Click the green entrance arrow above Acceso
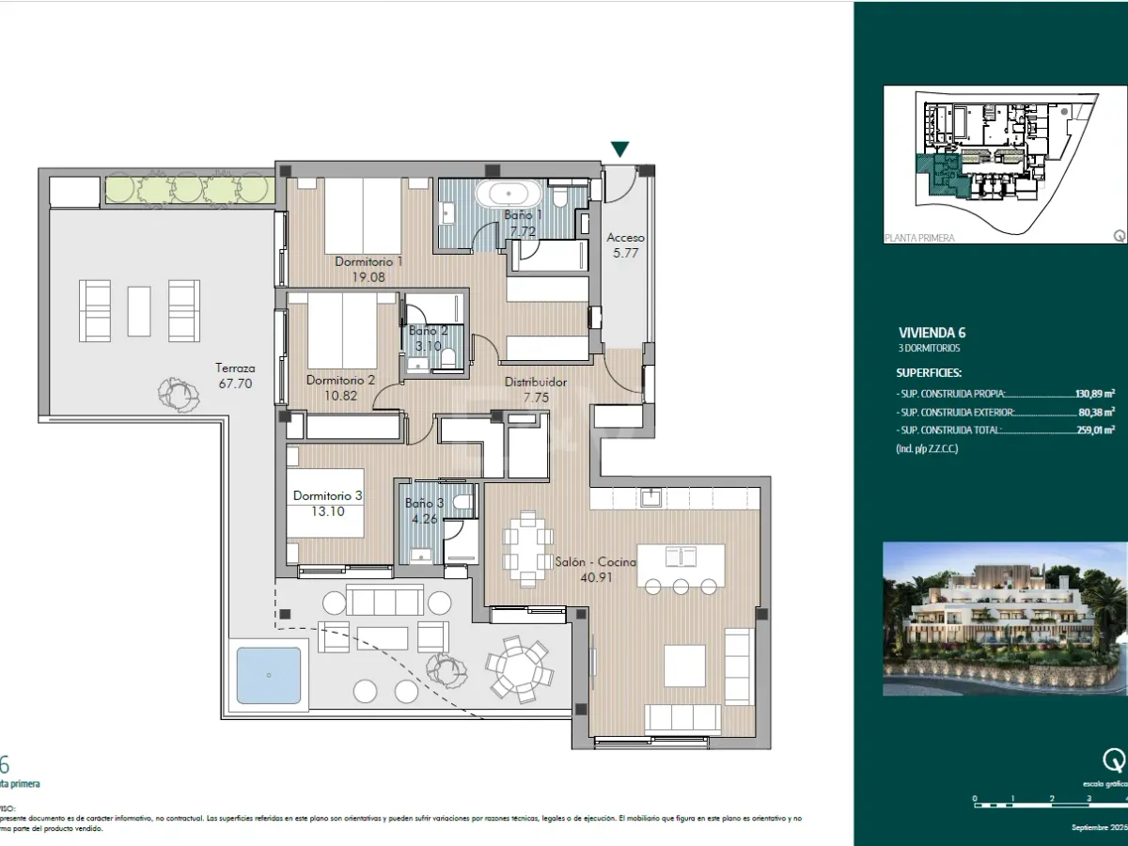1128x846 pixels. [x=620, y=149]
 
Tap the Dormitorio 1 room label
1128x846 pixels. [x=368, y=261]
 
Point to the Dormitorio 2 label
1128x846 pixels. [x=340, y=381]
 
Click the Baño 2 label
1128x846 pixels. [x=428, y=331]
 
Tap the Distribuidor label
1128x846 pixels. [x=536, y=383]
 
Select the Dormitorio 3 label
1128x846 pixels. [x=327, y=495]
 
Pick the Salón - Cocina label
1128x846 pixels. [x=595, y=562]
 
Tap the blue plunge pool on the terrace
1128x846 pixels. [x=270, y=674]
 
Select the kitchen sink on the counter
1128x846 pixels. [x=650, y=498]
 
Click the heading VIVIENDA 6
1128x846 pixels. [x=932, y=332]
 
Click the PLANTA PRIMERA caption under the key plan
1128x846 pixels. [x=919, y=238]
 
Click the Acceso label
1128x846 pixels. [x=625, y=238]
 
